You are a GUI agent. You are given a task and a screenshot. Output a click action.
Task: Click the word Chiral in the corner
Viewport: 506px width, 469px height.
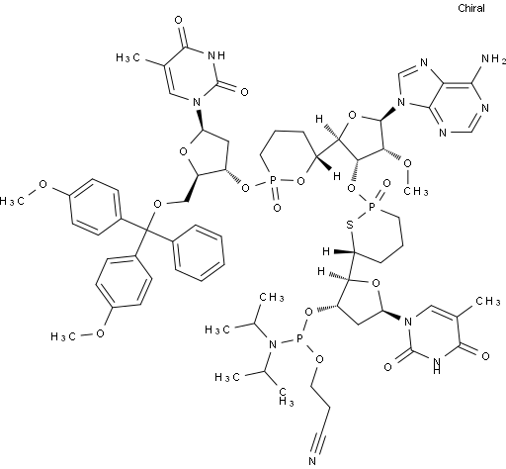471,8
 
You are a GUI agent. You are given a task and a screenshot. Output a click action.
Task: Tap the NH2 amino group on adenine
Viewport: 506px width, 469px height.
493,59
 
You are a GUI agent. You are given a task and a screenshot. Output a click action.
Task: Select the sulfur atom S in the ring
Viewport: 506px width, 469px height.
350,225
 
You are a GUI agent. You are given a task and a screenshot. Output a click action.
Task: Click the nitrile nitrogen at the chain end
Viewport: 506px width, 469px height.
312,461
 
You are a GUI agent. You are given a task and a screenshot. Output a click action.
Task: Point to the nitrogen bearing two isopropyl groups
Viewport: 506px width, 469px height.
273,345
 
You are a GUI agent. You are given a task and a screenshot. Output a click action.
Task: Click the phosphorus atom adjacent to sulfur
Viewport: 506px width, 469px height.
372,207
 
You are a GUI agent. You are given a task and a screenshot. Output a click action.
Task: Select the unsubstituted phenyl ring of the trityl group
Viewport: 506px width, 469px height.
200,252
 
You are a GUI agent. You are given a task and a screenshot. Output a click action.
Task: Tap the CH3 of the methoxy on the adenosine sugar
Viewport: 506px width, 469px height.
416,191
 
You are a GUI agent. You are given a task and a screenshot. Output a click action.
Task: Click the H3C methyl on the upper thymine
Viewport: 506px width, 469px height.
128,58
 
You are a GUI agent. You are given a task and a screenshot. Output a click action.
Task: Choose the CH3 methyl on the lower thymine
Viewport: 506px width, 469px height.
487,301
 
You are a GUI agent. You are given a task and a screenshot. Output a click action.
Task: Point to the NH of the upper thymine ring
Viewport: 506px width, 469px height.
216,55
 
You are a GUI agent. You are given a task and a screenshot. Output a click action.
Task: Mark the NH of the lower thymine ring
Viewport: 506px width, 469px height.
437,365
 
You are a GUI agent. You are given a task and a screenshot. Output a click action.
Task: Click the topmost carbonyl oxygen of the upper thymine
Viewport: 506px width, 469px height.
178,20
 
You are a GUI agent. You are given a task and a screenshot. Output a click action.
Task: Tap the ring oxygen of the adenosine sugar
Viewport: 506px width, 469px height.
352,116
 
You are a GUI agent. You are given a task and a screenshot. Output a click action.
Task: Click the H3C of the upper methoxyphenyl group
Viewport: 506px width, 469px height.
12,201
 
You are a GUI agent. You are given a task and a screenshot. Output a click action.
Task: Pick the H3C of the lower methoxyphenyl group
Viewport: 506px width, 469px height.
63,336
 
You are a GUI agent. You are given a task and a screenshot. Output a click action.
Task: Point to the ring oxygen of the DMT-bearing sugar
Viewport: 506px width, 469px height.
183,152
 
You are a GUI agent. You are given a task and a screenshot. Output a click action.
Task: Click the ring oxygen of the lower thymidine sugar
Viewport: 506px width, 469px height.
376,283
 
